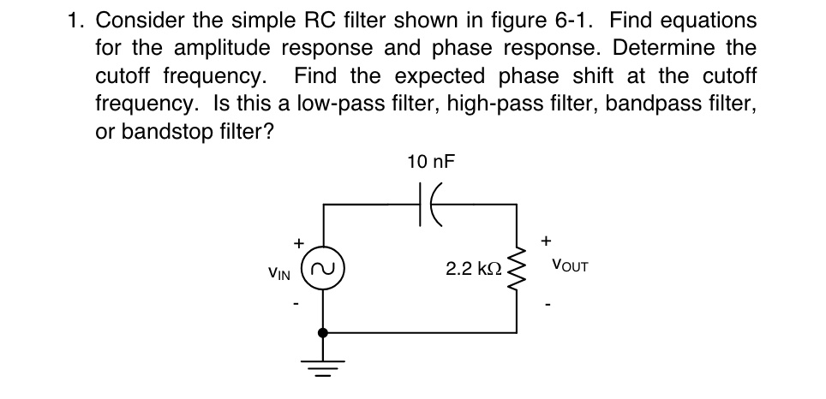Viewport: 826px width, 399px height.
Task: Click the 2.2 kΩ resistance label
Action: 470,269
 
